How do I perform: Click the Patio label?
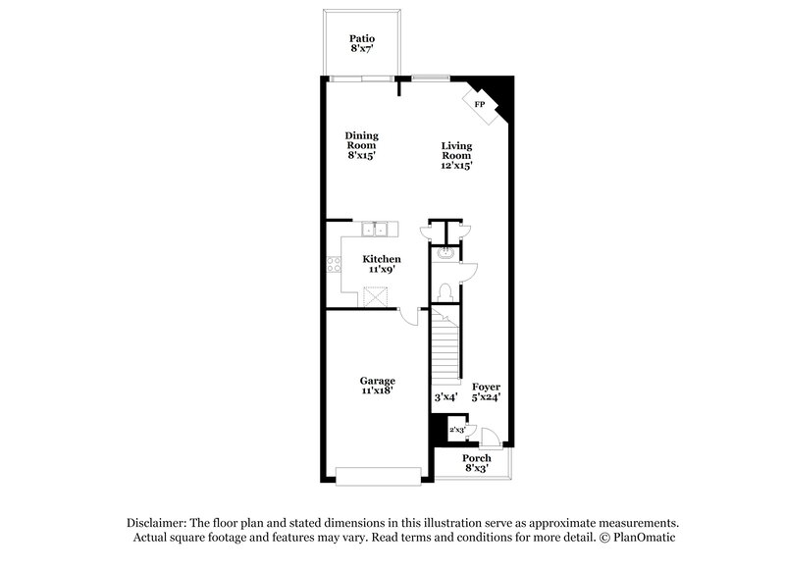(x=362, y=42)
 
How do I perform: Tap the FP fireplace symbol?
(x=480, y=104)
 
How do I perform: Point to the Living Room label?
(x=456, y=155)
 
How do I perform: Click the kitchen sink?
(x=377, y=231)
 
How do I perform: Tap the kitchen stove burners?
(x=331, y=263)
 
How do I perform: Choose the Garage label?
(x=377, y=385)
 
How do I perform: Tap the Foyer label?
(x=486, y=391)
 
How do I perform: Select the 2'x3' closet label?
(x=456, y=430)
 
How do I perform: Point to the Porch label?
(x=477, y=462)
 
